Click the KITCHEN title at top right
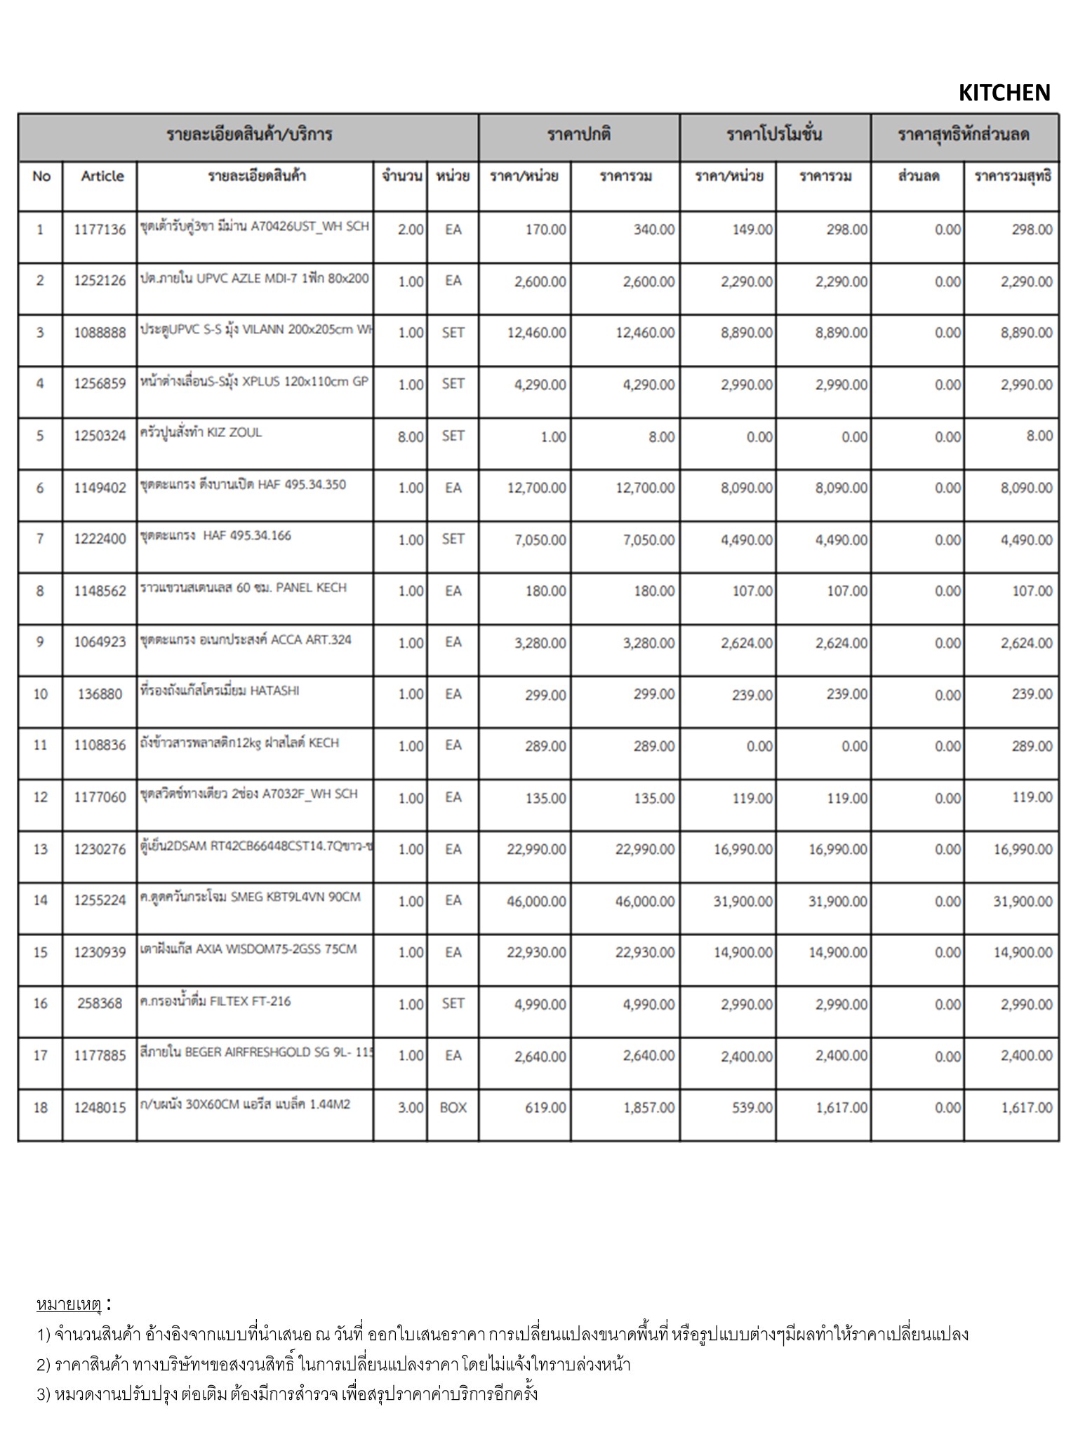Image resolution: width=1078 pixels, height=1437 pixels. (x=1004, y=93)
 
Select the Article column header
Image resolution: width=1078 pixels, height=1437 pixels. (x=102, y=176)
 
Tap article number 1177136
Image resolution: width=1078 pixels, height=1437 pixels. (x=100, y=229)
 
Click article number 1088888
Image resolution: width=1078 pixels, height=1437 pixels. (x=100, y=333)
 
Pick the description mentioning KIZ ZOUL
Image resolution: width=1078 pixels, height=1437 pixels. (x=201, y=432)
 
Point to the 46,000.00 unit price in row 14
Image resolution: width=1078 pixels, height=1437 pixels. (x=536, y=902)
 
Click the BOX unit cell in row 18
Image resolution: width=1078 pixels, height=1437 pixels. (x=453, y=1108)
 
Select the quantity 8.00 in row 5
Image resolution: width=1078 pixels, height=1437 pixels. (x=411, y=436)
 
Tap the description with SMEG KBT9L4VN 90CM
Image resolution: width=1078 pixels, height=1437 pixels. (x=251, y=897)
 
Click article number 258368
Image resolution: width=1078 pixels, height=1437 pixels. (x=100, y=1004)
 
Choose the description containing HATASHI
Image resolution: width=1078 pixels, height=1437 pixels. (x=220, y=691)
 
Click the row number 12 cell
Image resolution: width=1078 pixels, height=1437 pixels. (x=41, y=798)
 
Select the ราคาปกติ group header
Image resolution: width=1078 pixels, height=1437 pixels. (x=579, y=135)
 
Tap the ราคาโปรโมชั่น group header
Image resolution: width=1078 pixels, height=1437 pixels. (x=775, y=135)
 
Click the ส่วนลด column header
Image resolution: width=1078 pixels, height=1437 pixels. (x=918, y=176)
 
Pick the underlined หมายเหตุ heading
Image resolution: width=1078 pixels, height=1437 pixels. (x=69, y=1304)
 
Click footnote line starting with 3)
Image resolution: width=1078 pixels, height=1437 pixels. (x=287, y=1393)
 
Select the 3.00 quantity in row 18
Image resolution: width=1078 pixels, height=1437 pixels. (x=411, y=1108)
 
